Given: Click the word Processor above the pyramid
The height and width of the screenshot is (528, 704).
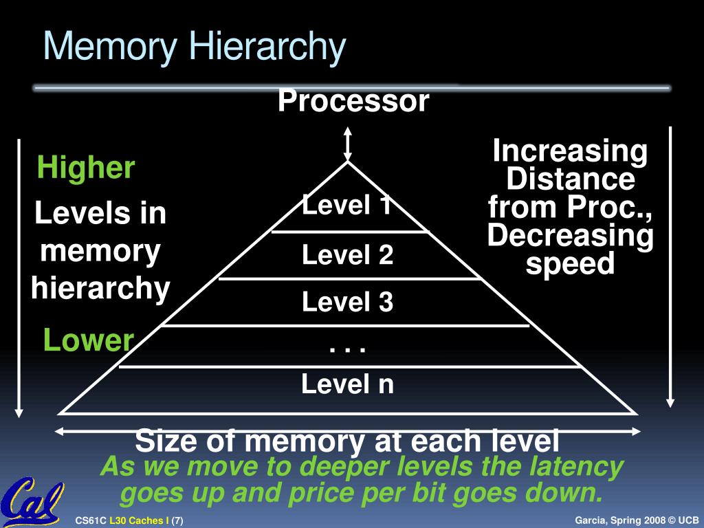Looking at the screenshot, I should (353, 102).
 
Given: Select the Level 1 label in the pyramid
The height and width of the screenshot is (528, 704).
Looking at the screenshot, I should (347, 204).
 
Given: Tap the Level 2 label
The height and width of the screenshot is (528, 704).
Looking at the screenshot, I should (347, 256).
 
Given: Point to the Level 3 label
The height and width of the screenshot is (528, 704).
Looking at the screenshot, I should (347, 302).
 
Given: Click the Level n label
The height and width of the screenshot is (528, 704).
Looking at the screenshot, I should (347, 384).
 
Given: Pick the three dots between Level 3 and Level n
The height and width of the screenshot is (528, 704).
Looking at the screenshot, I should (347, 348).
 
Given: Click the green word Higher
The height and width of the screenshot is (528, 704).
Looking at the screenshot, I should (86, 168).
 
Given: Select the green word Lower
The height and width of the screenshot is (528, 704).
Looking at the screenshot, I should (88, 340).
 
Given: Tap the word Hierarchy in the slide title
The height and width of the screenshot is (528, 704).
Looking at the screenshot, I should (267, 47).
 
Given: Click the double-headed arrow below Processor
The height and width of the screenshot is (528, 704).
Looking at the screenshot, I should (348, 144).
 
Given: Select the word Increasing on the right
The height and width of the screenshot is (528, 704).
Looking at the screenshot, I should (570, 151).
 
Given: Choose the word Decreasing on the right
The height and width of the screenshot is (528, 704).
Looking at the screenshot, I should (570, 236).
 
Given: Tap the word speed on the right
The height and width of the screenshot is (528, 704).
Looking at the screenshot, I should (570, 264).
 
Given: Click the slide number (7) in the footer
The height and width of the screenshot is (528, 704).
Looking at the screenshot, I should (177, 520).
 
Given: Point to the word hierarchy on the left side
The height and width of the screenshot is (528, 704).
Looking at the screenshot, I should (100, 289).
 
